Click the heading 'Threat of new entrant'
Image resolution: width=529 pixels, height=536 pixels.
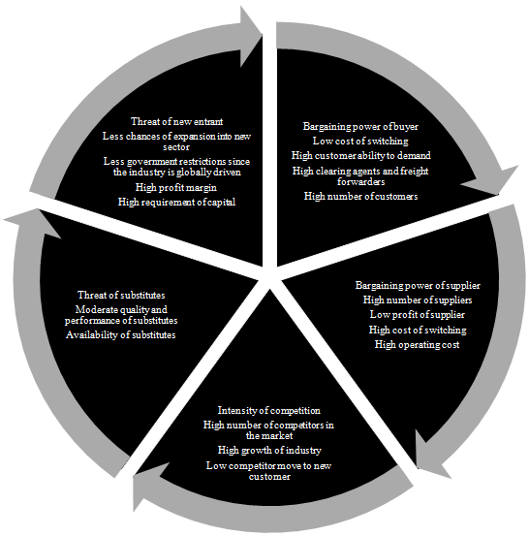click(x=176, y=121)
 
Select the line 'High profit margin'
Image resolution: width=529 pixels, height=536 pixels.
click(x=176, y=187)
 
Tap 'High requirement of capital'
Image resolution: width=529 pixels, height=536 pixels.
click(x=176, y=202)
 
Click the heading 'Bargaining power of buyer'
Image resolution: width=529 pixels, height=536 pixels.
click(x=360, y=126)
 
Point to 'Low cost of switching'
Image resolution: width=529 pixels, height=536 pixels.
click(x=360, y=141)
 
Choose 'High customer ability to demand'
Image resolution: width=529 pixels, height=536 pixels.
click(x=360, y=155)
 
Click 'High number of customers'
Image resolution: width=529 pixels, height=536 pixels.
click(x=360, y=196)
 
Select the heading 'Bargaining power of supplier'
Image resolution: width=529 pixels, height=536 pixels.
click(x=418, y=285)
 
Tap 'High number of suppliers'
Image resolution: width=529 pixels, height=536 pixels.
click(x=418, y=300)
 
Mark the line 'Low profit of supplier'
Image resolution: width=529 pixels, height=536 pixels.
click(x=418, y=314)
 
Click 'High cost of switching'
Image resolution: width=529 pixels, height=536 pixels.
click(x=418, y=330)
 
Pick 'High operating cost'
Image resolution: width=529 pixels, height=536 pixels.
click(x=417, y=344)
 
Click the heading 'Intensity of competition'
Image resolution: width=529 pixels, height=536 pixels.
click(x=269, y=410)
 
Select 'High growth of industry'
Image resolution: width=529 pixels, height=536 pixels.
click(x=269, y=450)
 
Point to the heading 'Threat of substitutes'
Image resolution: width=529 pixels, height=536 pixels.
click(x=121, y=295)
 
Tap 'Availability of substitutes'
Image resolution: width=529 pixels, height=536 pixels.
click(x=121, y=334)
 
